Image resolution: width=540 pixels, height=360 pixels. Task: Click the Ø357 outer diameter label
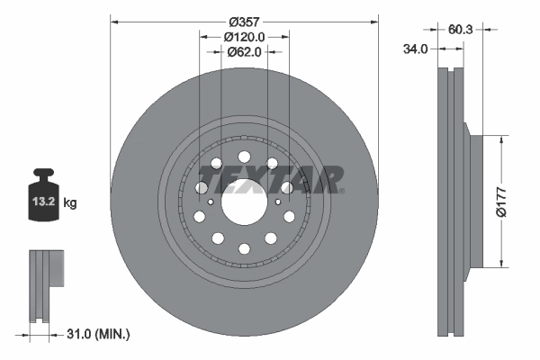pyautogui.click(x=244, y=21)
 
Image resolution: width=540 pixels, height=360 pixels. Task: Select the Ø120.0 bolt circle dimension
pyautogui.click(x=244, y=37)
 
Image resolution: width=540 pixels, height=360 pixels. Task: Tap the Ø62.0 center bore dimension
pyautogui.click(x=244, y=52)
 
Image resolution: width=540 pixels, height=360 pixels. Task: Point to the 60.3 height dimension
pyautogui.click(x=461, y=30)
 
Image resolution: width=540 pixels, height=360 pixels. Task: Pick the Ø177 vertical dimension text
pyautogui.click(x=510, y=201)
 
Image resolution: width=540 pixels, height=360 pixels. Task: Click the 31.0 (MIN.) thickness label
pyautogui.click(x=99, y=334)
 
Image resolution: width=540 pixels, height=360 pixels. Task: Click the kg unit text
pyautogui.click(x=70, y=203)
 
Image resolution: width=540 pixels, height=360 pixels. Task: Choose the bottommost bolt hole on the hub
pyautogui.click(x=244, y=249)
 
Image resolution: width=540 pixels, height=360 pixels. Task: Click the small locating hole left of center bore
pyautogui.click(x=210, y=202)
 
